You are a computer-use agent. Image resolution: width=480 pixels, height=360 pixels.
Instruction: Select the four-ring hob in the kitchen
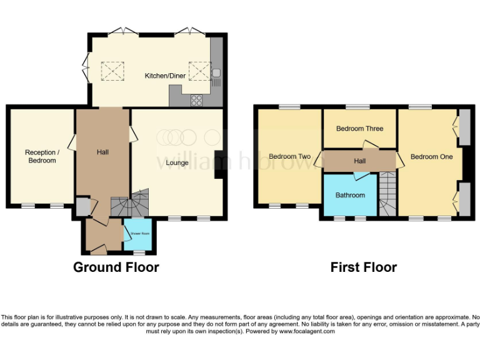[x=196, y=99]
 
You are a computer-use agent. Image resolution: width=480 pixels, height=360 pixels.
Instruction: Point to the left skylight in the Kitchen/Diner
[x=113, y=71]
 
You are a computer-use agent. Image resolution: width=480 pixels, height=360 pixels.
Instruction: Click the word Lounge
[x=177, y=163]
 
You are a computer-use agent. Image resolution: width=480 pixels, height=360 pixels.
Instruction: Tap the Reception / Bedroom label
[x=41, y=156]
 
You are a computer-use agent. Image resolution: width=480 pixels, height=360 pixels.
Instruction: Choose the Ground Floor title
[x=116, y=267]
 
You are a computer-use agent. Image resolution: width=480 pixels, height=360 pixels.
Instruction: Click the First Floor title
[x=364, y=267]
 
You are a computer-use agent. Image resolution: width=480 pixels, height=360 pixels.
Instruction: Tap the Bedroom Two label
[x=289, y=156]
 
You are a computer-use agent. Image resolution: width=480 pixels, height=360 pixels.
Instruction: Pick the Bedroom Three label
[x=359, y=129]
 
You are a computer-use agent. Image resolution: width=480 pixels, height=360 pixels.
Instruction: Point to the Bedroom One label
[x=431, y=156]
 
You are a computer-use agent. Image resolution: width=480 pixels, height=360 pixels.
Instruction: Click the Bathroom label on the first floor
[x=350, y=195]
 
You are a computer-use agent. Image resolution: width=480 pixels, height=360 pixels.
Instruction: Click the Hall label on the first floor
[x=360, y=161]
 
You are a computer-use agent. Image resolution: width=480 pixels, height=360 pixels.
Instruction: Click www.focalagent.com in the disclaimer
[x=308, y=331]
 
